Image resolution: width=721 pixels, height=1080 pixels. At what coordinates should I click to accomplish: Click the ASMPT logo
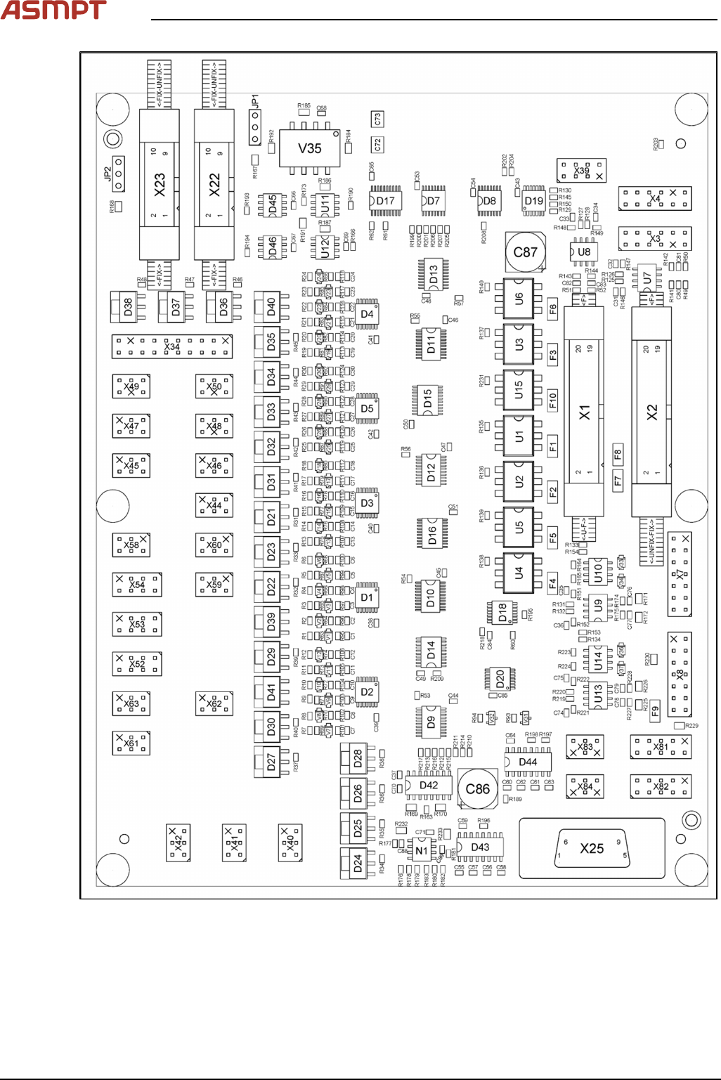click(x=53, y=11)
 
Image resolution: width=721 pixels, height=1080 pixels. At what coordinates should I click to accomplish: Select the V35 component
click(x=310, y=148)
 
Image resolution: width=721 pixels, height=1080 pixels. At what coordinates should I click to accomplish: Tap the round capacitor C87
click(x=526, y=252)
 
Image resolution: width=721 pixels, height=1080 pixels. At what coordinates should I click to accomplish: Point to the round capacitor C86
click(x=478, y=788)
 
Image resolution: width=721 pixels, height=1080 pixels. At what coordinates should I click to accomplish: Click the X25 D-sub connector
click(x=592, y=848)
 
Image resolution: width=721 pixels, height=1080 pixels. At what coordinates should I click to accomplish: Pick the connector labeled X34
click(x=172, y=346)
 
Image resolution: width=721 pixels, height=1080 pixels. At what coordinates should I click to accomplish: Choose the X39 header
click(x=581, y=171)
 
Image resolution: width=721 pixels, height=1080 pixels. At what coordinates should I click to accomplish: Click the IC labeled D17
click(x=385, y=201)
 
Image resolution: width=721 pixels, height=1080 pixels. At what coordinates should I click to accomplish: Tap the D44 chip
click(x=528, y=762)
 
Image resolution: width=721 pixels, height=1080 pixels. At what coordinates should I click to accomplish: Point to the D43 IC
click(x=480, y=847)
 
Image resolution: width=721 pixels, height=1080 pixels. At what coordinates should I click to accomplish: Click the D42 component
click(x=429, y=786)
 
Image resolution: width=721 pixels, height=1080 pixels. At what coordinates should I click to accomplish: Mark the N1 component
click(x=422, y=850)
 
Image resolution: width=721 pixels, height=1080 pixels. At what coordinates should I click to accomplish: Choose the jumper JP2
click(x=119, y=174)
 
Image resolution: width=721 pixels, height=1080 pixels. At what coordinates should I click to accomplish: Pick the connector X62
click(x=214, y=703)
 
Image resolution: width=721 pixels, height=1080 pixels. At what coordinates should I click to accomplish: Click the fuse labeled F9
click(x=655, y=710)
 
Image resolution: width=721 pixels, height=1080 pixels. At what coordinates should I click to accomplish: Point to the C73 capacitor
click(x=377, y=119)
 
